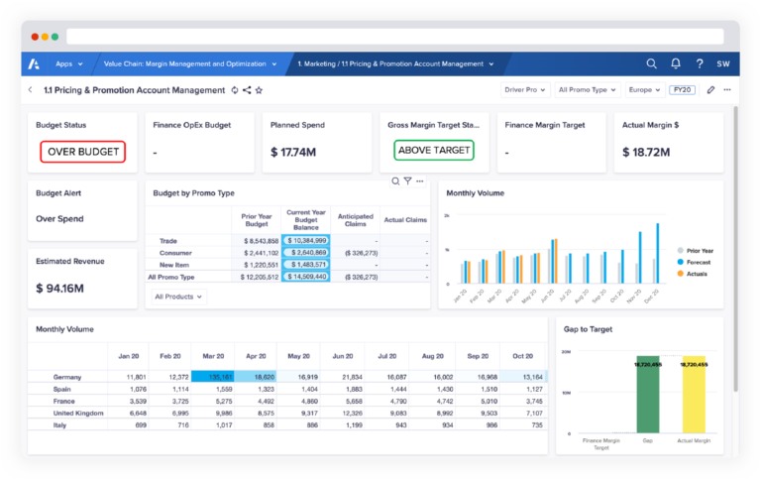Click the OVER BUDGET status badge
(x=83, y=152)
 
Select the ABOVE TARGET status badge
(x=433, y=151)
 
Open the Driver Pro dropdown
(x=525, y=90)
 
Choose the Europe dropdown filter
(x=645, y=90)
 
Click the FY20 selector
(x=683, y=90)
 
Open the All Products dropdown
(x=178, y=297)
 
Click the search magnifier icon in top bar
(x=651, y=63)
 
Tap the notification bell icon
(x=676, y=63)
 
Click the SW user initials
(x=724, y=63)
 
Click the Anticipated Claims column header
(x=355, y=219)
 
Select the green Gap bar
(x=647, y=396)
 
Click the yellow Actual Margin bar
(x=694, y=396)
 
